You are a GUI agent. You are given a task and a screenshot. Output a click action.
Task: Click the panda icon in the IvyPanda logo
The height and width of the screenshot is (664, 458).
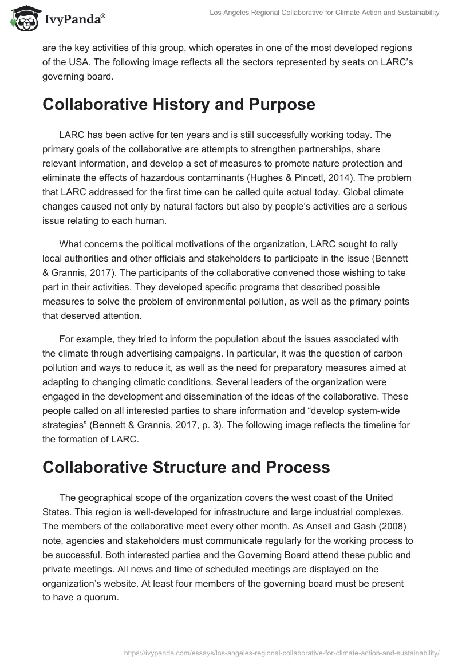22,19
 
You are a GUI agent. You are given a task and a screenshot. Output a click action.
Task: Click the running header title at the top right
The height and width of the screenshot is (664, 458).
323,13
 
